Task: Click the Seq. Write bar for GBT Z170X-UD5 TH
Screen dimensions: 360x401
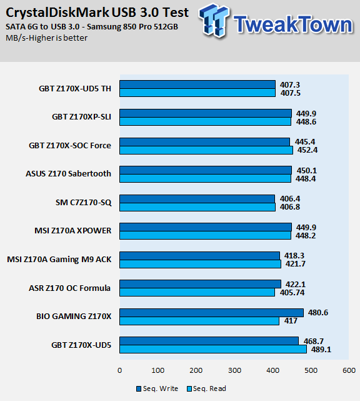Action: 197,84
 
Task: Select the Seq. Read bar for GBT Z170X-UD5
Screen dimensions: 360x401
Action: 213,349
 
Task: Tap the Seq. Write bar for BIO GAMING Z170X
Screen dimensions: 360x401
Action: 211,313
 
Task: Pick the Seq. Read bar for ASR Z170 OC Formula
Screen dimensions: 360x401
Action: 197,292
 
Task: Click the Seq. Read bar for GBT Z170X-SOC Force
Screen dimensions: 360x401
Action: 206,150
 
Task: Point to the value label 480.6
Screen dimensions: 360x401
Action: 318,313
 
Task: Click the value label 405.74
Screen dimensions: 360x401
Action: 292,292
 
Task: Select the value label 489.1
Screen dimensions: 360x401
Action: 321,349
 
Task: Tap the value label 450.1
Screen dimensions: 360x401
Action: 307,170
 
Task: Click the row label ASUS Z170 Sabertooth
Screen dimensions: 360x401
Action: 69,174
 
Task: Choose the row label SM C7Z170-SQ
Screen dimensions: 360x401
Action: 84,203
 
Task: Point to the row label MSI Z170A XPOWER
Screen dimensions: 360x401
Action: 73,231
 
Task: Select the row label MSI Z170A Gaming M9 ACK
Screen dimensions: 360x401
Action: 59,260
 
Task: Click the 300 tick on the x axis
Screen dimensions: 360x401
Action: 234,370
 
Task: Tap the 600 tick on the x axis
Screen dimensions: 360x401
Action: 349,370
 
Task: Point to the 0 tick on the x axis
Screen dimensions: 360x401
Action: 119,370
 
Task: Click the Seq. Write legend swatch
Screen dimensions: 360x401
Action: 139,389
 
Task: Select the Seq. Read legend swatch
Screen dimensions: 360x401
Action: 189,389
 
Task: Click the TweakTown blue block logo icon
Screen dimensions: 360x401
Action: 214,21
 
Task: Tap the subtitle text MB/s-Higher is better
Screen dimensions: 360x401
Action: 46,38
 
